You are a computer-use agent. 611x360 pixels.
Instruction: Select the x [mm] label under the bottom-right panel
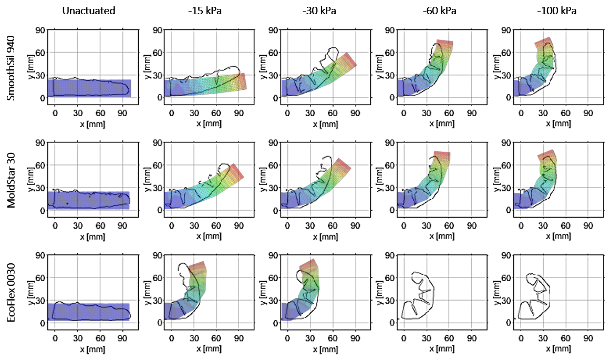(x=558, y=349)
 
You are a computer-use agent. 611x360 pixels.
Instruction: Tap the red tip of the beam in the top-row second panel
(x=242, y=81)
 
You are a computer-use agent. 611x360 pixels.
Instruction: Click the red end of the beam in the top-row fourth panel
(x=444, y=44)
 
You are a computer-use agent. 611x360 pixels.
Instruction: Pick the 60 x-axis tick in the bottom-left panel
(x=100, y=338)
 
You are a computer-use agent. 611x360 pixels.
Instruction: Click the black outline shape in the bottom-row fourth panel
(x=419, y=297)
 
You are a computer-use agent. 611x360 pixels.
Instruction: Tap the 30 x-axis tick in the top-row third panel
(x=310, y=114)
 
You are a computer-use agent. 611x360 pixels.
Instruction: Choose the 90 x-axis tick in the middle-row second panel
(x=239, y=226)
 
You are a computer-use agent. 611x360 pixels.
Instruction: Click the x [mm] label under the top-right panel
(x=558, y=124)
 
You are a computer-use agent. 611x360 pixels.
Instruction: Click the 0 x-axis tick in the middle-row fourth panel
(x=404, y=226)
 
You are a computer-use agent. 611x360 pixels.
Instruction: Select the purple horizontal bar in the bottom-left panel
(x=88, y=311)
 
